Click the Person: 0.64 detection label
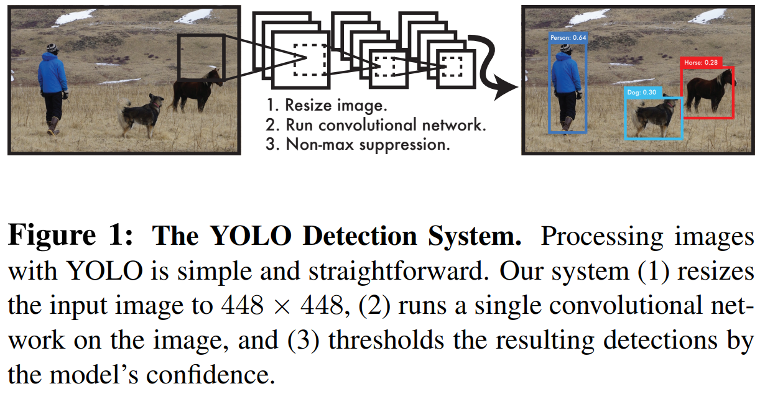pyautogui.click(x=568, y=38)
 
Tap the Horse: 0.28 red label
pyautogui.click(x=701, y=62)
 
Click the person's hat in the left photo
pyautogui.click(x=52, y=48)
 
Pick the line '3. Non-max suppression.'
pyautogui.click(x=357, y=145)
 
